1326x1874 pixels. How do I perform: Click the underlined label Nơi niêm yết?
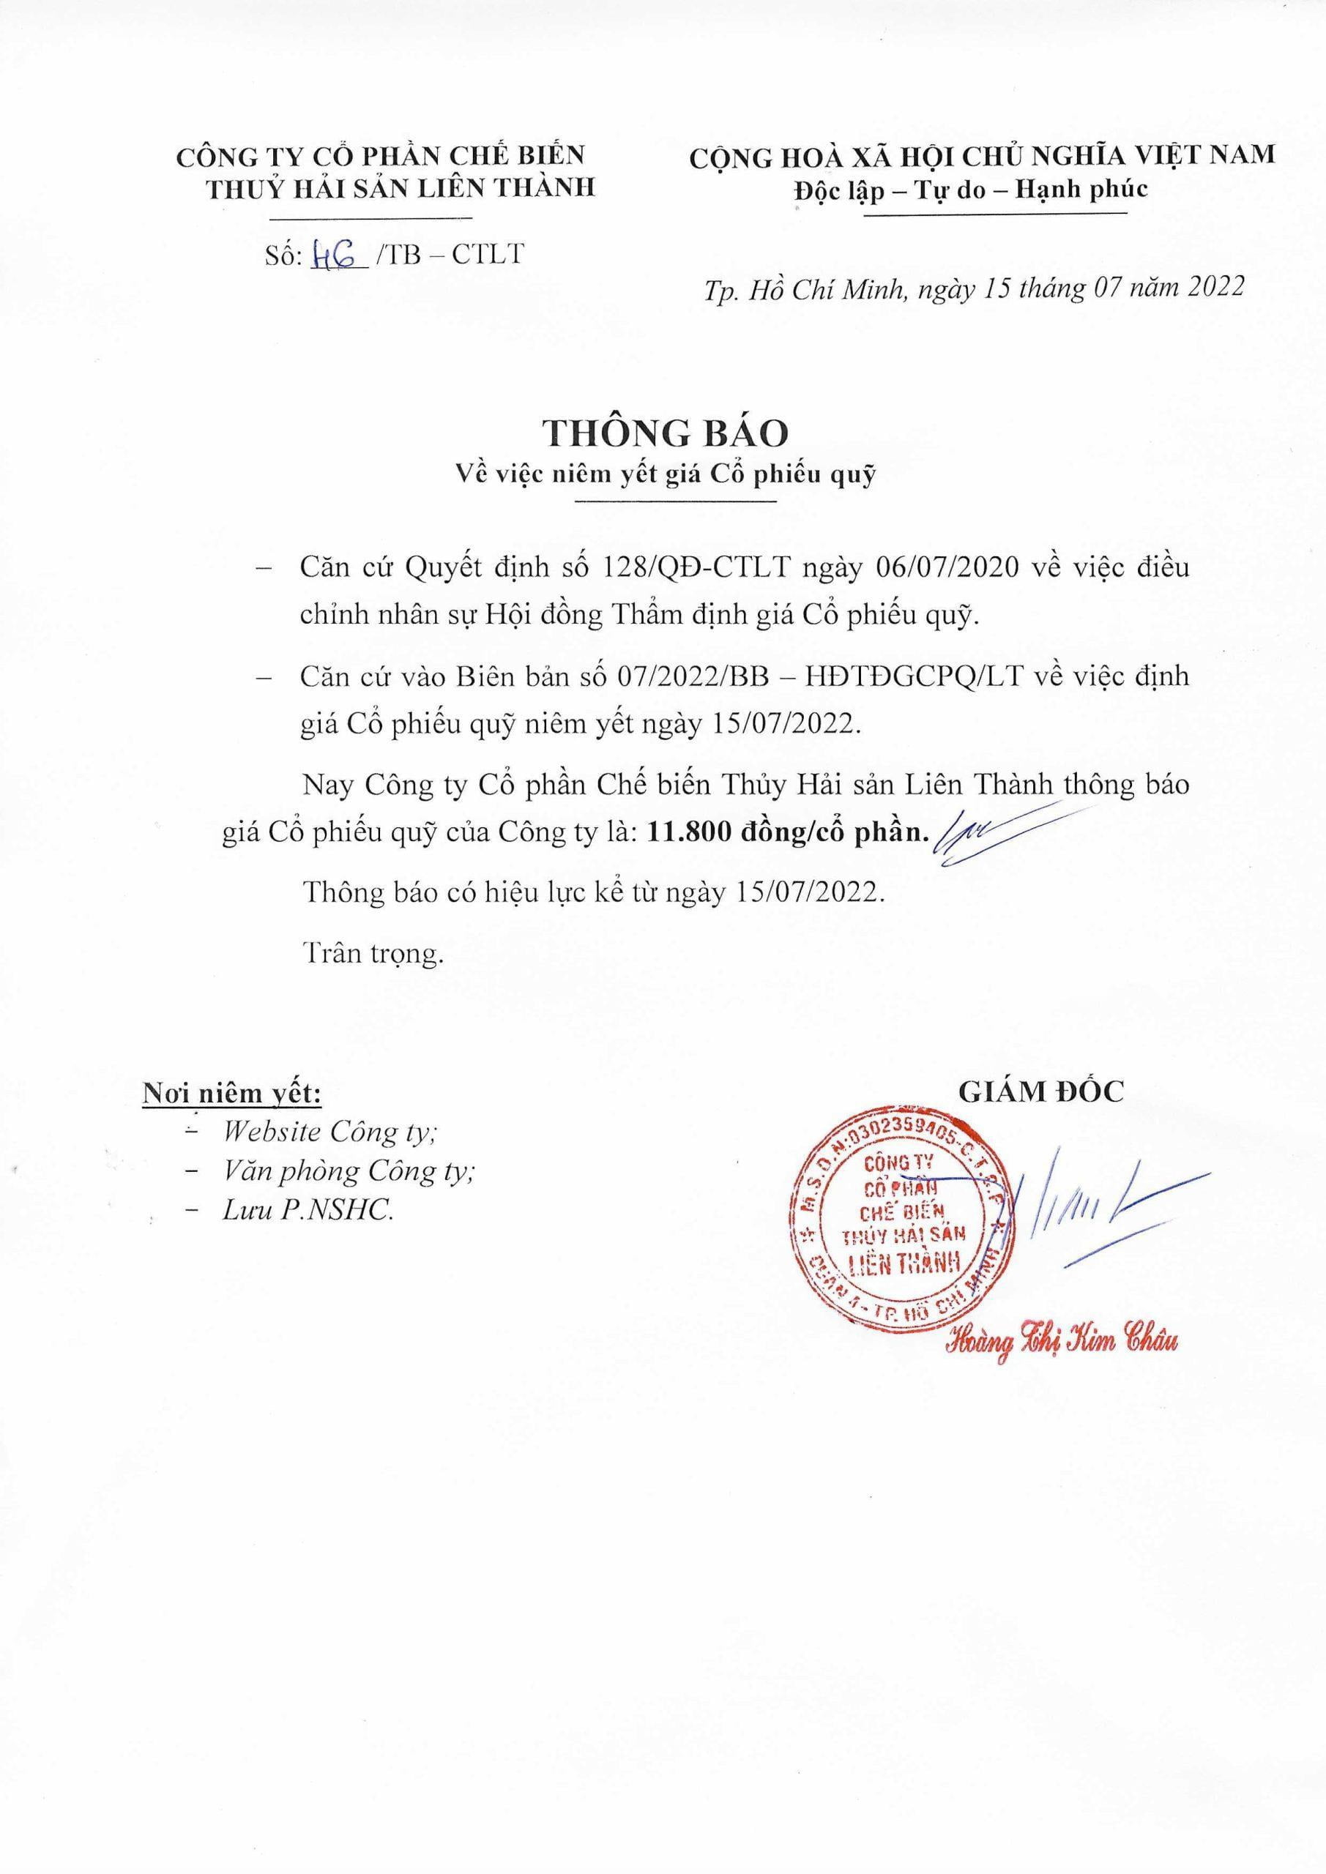pyautogui.click(x=232, y=1093)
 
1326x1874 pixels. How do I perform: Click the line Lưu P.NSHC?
pyautogui.click(x=308, y=1212)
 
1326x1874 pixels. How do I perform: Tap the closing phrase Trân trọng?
pyautogui.click(x=374, y=954)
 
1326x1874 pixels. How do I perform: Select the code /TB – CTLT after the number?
pyautogui.click(x=447, y=255)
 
